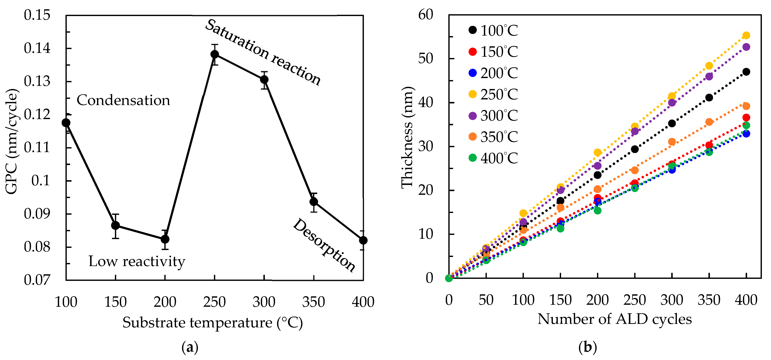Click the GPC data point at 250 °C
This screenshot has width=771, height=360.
coord(215,54)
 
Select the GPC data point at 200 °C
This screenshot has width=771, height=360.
coord(165,239)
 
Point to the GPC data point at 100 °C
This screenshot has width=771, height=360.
coord(66,123)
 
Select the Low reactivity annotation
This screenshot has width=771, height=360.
coord(137,261)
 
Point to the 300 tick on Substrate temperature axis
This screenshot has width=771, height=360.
coord(264,302)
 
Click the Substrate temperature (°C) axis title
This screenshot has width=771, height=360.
coord(212,323)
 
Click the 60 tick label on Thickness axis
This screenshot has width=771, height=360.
coord(425,15)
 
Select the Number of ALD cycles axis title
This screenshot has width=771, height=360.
coord(615,319)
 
